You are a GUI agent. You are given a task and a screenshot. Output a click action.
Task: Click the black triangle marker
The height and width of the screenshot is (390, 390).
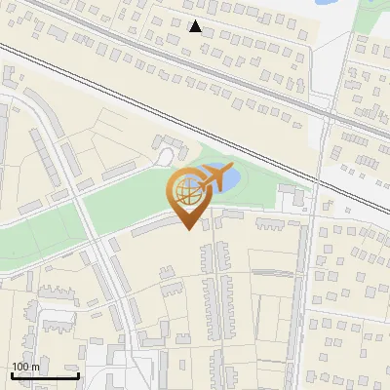(x=196, y=26)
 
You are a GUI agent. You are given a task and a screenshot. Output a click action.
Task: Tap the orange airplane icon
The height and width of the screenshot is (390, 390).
(x=217, y=177)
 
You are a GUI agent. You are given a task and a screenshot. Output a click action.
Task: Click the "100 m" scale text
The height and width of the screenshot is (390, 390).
(x=26, y=367)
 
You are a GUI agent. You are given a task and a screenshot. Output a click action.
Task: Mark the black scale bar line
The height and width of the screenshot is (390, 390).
(x=45, y=375)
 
